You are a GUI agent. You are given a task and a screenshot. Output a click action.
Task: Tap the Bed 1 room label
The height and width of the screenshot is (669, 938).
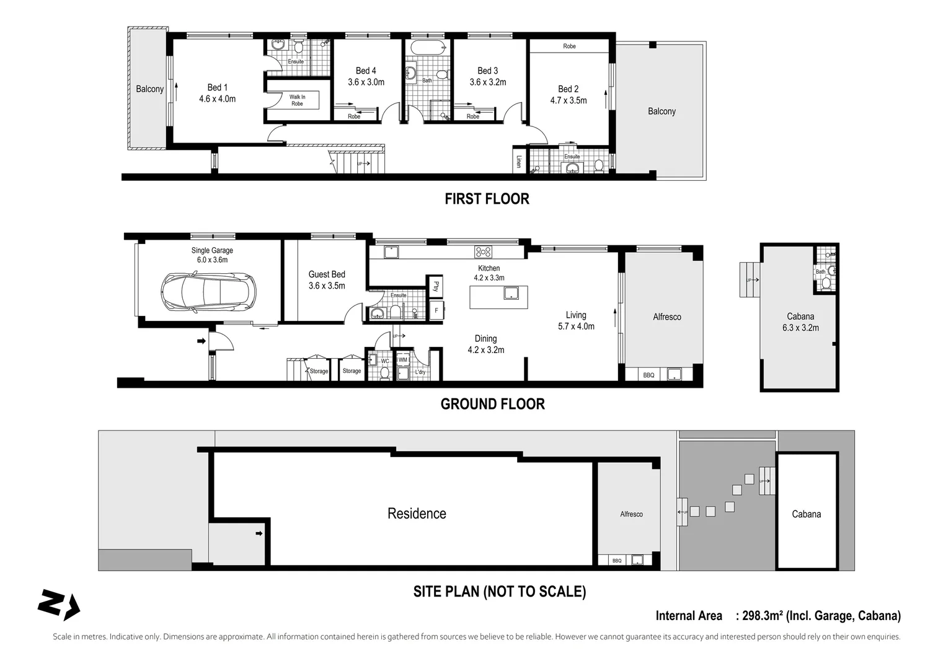click(217, 93)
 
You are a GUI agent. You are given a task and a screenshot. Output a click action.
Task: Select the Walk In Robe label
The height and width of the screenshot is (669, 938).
click(297, 100)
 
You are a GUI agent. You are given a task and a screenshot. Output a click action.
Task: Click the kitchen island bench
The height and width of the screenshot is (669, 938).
click(498, 297)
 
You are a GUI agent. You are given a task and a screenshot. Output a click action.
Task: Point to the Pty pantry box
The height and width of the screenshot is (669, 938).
click(436, 286)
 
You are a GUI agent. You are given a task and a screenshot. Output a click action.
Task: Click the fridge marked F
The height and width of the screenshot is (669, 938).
click(436, 310)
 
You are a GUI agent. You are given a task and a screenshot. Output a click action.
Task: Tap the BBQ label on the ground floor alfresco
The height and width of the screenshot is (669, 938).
click(648, 375)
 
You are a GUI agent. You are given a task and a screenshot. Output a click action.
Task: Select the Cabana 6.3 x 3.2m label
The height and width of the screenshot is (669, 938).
click(800, 322)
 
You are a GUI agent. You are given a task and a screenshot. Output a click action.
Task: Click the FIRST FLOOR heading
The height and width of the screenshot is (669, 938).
click(487, 199)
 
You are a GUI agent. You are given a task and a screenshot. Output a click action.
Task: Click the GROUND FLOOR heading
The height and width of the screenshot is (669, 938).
click(492, 404)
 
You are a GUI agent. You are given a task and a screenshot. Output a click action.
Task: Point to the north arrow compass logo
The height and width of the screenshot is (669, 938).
click(58, 604)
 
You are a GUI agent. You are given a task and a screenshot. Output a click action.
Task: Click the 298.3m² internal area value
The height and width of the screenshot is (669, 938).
click(762, 616)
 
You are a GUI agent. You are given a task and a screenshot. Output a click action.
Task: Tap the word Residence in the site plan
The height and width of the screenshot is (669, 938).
click(417, 514)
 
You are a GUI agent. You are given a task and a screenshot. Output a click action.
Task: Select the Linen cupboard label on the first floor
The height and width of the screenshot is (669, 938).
click(518, 161)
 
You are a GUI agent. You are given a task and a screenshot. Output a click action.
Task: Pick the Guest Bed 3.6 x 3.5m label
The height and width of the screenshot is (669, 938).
click(327, 280)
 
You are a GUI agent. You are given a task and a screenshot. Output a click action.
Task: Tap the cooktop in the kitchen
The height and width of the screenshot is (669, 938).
click(483, 252)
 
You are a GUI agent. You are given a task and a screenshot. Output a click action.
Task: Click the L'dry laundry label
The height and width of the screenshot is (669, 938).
click(420, 372)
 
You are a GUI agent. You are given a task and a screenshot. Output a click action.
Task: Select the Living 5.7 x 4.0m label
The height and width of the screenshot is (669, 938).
click(576, 321)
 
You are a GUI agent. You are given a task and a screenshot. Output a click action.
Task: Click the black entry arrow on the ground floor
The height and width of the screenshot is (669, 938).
click(201, 341)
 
